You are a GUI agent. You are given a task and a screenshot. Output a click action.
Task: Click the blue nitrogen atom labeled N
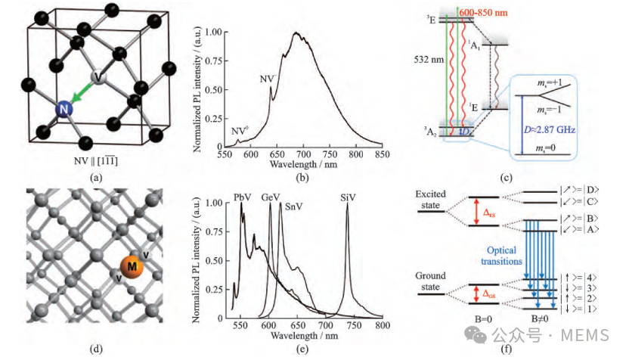tap(64, 109)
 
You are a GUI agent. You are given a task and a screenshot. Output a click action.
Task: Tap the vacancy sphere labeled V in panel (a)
tap(98, 76)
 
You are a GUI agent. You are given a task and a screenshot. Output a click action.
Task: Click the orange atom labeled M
tap(132, 266)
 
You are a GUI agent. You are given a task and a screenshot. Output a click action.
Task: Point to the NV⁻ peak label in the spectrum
tap(268, 79)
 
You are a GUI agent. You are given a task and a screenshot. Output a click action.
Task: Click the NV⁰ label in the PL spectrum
tap(240, 132)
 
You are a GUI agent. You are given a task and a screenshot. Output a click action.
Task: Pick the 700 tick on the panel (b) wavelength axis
tap(303, 154)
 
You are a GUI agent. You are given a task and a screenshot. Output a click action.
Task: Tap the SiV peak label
tap(348, 197)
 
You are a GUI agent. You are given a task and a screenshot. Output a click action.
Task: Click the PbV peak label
tap(242, 197)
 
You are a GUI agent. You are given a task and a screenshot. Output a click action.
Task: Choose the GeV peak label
tap(271, 197)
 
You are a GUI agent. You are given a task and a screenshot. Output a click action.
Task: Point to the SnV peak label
tap(293, 206)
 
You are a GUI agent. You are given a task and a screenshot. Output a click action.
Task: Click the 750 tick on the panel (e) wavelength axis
tap(354, 325)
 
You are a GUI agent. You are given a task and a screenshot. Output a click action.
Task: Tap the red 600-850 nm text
tap(483, 13)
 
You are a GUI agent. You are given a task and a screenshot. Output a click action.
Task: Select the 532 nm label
tap(429, 60)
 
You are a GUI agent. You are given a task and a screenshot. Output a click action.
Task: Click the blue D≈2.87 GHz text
tap(549, 129)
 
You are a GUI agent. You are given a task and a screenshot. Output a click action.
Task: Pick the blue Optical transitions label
tap(501, 256)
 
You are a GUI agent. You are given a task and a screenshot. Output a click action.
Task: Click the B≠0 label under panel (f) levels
tap(540, 319)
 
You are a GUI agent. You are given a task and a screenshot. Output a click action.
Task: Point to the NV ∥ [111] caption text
tap(96, 161)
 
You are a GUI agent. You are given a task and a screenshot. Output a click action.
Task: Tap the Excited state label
tap(430, 200)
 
